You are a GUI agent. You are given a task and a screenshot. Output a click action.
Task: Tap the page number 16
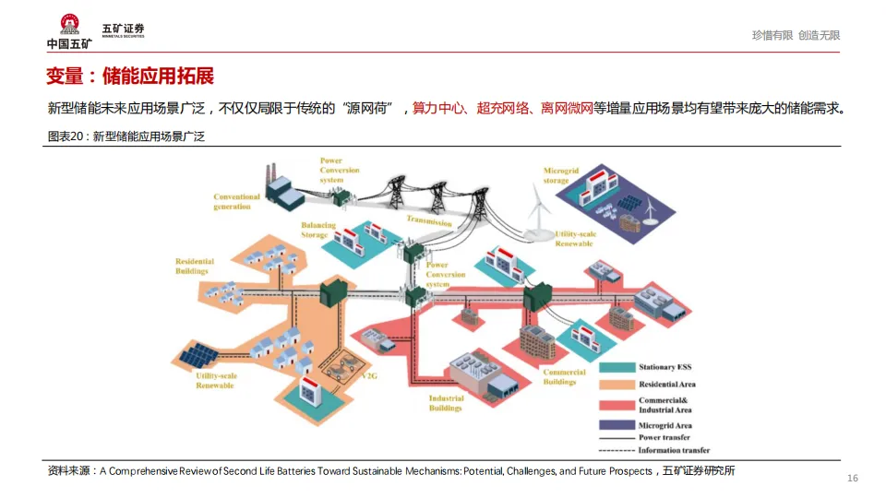coord(852,478)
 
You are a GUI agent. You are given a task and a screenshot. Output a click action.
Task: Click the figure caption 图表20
coord(66,136)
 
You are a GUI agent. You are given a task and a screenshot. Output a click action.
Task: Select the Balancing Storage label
coord(314,230)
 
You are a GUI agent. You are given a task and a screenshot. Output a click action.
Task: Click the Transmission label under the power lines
coord(429,221)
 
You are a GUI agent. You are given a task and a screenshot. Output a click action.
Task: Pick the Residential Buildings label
coord(195,267)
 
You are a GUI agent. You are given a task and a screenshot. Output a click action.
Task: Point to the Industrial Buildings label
coord(446,404)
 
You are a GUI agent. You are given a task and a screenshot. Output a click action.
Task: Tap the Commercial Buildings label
coord(564,377)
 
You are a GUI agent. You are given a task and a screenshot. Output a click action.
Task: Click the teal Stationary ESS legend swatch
coord(617,367)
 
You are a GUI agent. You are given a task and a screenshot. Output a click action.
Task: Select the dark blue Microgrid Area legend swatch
coord(617,425)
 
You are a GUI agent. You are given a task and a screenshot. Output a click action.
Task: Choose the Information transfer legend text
coord(674,450)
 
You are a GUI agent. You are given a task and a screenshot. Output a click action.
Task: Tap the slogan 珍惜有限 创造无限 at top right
coord(796,35)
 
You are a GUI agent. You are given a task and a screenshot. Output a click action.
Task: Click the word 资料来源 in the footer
coord(69,471)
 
